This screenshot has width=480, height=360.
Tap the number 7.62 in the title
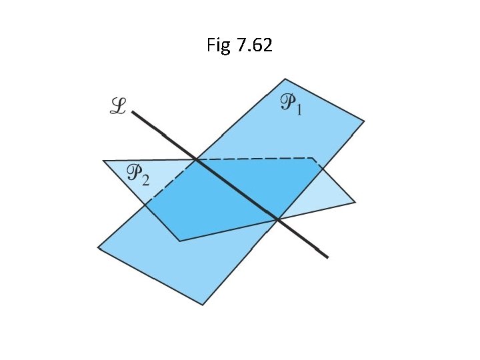254,47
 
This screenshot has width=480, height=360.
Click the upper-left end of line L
133,113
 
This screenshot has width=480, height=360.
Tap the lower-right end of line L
327,257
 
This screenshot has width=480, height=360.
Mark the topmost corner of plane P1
285,79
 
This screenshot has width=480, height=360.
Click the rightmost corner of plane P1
364,121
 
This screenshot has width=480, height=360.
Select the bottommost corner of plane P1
202,305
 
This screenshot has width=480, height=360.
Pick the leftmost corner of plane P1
98,247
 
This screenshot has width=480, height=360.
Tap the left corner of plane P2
103,161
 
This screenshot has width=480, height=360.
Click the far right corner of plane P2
355,201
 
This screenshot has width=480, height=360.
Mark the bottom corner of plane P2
180,241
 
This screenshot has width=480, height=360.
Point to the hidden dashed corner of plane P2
313,158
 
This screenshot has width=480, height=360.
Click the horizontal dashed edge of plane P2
253,159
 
